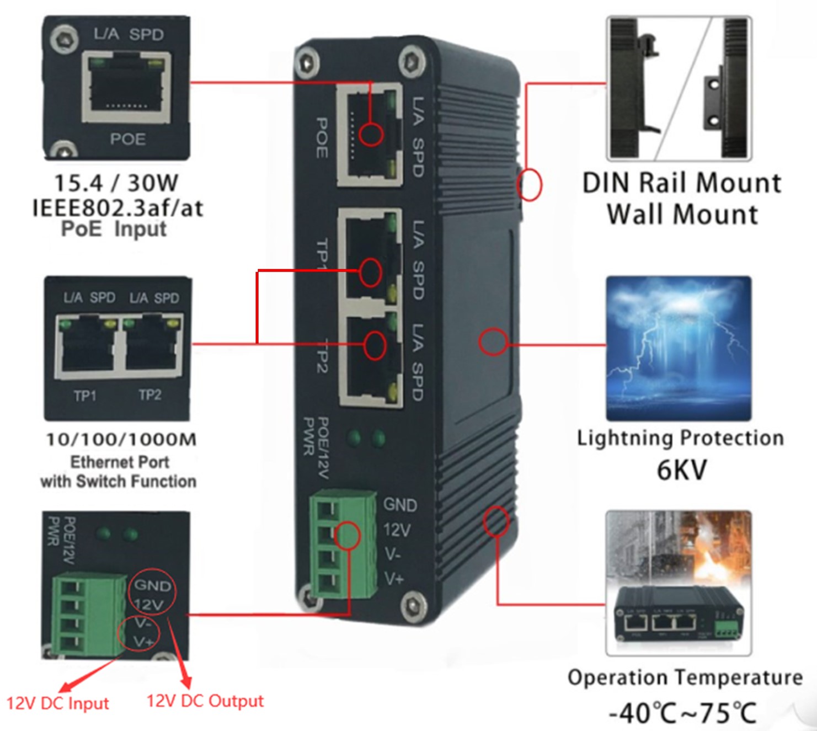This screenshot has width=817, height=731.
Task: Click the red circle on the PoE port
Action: (371, 134)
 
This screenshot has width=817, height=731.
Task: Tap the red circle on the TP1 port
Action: (370, 272)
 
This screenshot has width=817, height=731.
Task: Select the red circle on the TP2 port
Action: (375, 344)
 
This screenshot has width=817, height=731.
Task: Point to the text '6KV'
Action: (681, 470)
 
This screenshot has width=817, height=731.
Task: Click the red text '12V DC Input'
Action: (57, 703)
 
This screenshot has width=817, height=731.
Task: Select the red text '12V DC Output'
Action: (205, 701)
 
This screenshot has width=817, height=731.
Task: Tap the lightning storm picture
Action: (679, 349)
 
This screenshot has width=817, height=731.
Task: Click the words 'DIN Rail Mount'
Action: (682, 183)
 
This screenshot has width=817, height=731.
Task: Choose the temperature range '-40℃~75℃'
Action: (682, 713)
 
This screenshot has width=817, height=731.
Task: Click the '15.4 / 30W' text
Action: (116, 183)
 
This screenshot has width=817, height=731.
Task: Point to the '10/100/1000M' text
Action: (121, 440)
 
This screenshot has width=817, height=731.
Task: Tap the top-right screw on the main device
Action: (411, 61)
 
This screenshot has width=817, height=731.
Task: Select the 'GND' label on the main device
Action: (400, 505)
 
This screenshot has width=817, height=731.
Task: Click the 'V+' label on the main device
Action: (394, 579)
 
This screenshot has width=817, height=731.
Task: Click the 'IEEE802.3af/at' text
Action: (118, 208)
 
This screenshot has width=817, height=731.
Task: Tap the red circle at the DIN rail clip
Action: (530, 184)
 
